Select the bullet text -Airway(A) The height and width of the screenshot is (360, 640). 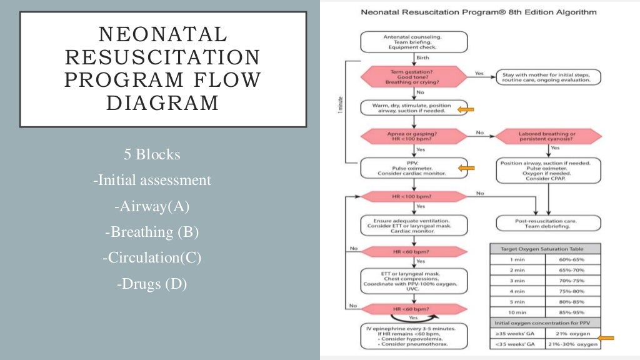click(152, 206)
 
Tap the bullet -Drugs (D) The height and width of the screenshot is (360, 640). click(152, 283)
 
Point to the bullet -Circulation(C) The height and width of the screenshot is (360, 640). click(152, 257)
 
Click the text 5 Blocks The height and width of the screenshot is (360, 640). click(152, 154)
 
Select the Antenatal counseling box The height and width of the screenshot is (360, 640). click(414, 42)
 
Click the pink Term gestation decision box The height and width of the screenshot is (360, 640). click(414, 77)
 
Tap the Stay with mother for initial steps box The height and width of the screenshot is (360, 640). click(548, 77)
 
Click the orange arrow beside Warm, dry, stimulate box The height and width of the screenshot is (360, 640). click(466, 110)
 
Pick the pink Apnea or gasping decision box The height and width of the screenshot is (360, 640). click(414, 136)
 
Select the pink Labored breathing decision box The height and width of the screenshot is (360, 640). click(548, 136)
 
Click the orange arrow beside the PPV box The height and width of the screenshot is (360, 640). click(466, 167)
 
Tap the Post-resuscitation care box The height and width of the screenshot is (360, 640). click(548, 223)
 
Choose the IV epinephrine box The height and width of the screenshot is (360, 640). click(414, 336)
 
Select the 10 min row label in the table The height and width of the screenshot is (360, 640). click(517, 311)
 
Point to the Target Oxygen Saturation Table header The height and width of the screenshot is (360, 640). click(546, 248)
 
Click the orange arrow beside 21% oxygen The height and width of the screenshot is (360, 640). click(606, 338)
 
